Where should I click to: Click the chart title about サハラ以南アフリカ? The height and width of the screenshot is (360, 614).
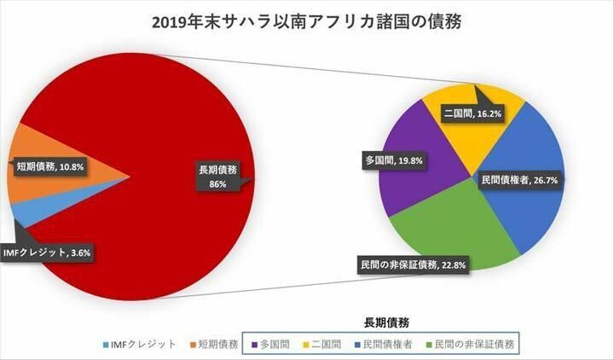(x=306, y=23)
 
